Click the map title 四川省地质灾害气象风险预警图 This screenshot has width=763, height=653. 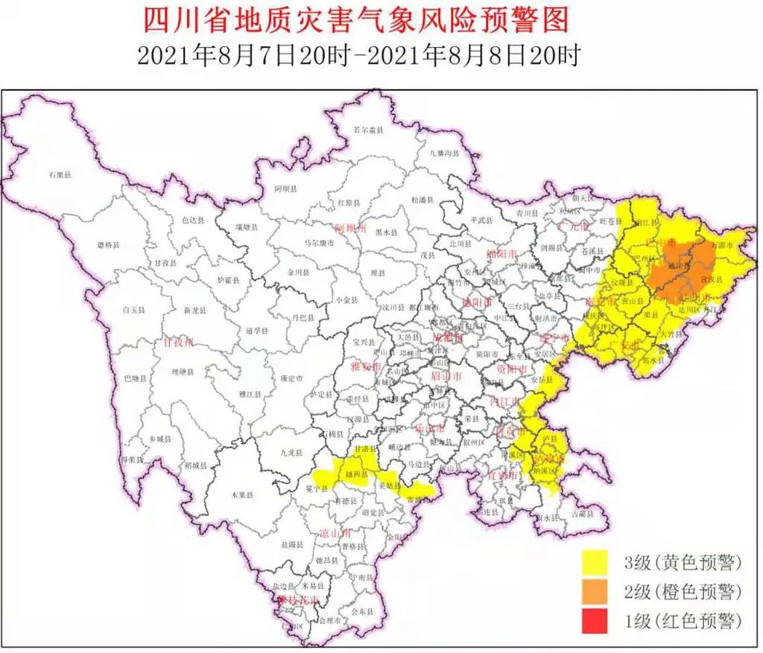(355, 20)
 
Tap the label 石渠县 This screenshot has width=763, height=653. (59, 174)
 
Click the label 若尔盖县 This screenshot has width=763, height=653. (368, 130)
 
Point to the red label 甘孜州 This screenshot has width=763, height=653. (178, 342)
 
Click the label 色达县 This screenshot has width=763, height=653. (194, 220)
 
